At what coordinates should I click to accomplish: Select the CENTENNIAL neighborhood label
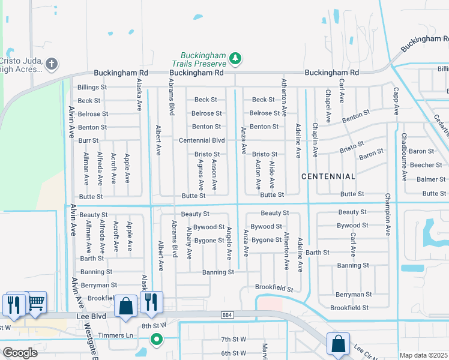(328, 176)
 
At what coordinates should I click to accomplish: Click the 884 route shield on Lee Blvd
(227, 314)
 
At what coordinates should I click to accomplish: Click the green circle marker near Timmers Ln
(157, 340)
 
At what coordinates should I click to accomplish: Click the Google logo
(20, 352)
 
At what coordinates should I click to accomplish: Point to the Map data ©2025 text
(424, 355)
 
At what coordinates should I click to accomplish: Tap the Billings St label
(92, 87)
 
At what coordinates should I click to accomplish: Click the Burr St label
(88, 140)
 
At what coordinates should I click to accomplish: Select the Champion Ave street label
(388, 214)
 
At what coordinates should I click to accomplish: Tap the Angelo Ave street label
(229, 242)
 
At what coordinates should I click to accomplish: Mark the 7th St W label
(234, 339)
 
